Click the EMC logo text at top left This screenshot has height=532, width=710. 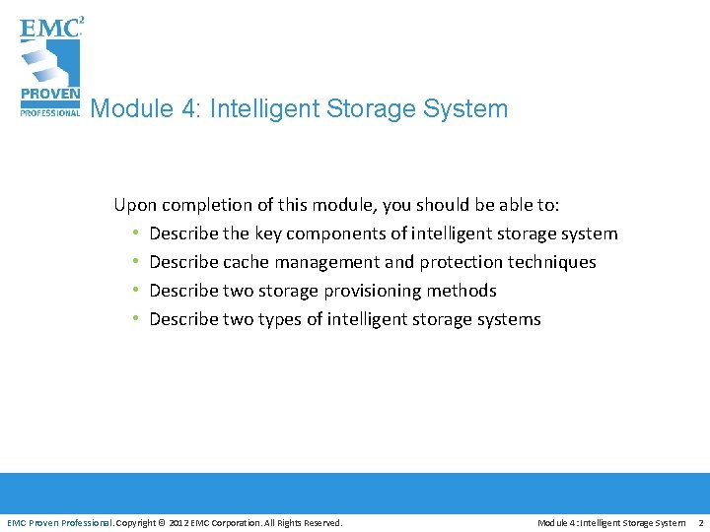click(49, 27)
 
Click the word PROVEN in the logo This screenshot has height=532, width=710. click(48, 97)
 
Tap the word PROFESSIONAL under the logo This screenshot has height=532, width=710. click(49, 111)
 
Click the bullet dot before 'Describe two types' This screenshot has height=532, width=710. click(135, 319)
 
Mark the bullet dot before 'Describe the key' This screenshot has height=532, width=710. click(135, 233)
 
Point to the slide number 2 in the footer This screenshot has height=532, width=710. click(700, 522)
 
